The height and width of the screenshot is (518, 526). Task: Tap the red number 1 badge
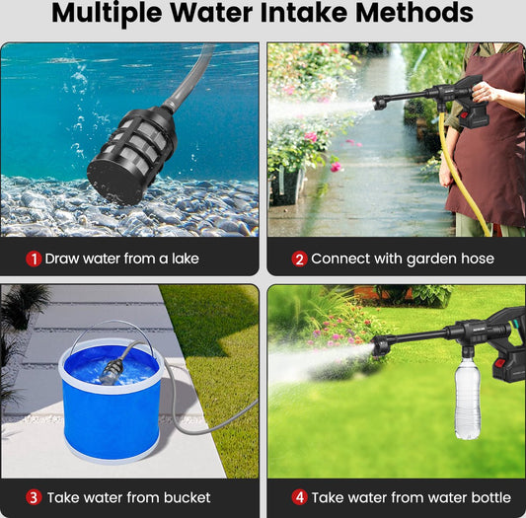tap(34, 259)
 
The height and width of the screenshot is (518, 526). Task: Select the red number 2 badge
tap(299, 259)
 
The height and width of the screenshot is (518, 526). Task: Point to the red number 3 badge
tap(34, 497)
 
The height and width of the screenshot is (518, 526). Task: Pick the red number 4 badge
tap(299, 497)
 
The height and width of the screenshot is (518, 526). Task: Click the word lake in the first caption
tap(186, 259)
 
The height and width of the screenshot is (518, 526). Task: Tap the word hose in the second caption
tap(478, 259)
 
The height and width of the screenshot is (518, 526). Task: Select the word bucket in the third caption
tap(187, 497)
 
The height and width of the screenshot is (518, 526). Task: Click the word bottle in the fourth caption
tap(491, 497)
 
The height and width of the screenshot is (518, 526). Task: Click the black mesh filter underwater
tap(131, 154)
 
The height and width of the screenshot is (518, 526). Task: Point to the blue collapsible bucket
tap(111, 401)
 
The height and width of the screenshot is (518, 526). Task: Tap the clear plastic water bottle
tap(468, 399)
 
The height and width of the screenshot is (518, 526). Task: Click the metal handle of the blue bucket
tap(111, 331)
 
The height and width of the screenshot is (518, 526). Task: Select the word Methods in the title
tap(414, 13)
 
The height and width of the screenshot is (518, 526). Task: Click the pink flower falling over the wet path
tap(337, 167)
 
